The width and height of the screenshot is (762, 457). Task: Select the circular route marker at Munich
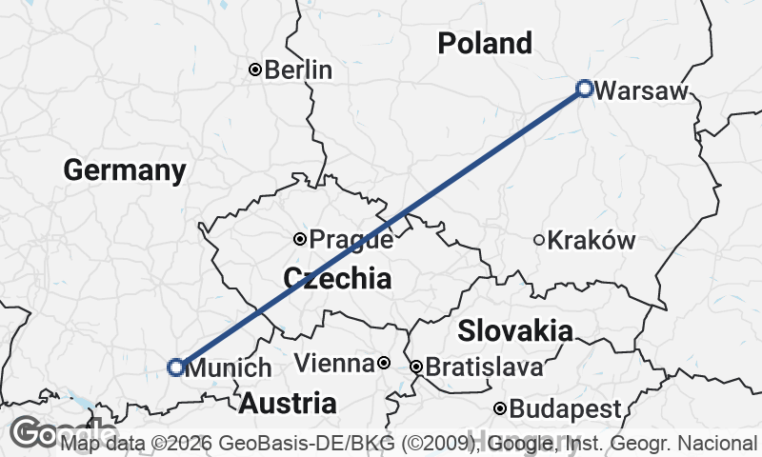(176, 367)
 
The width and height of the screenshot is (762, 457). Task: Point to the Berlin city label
(298, 70)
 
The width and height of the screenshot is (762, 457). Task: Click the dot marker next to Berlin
(254, 70)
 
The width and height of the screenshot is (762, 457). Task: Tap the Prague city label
(351, 240)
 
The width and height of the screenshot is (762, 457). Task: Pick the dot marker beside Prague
(300, 239)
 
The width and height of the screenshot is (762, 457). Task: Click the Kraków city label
(592, 241)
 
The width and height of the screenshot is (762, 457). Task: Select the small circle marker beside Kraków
(539, 241)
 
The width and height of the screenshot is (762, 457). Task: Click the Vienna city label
(333, 364)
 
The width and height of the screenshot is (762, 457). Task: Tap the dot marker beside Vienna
(383, 363)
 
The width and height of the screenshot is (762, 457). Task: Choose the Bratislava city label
(484, 367)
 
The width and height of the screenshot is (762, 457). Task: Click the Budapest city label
(565, 409)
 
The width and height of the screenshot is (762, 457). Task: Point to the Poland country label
(485, 43)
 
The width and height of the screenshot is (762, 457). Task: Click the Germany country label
(125, 170)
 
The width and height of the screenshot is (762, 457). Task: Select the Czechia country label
(337, 278)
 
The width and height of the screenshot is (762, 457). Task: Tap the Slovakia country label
(515, 331)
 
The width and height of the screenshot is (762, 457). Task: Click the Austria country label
(287, 403)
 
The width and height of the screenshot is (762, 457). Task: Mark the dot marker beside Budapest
(500, 409)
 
